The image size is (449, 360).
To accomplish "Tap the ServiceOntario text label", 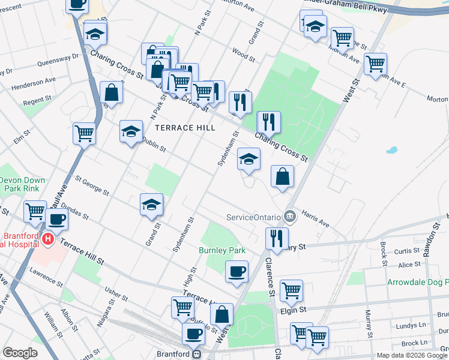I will [x=253, y=217].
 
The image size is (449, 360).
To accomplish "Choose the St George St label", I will [x=92, y=185].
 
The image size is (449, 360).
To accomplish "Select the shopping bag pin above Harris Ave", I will [x=282, y=176].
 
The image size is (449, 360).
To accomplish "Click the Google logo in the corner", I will [x=20, y=353].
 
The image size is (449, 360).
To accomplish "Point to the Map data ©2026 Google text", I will [x=412, y=355].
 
